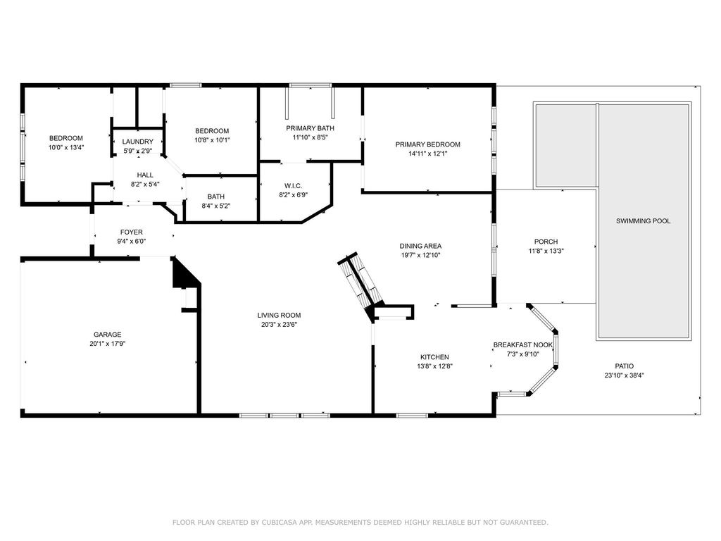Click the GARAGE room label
108,335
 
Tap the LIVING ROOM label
279,315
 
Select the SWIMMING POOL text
644,220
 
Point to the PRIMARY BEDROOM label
427,144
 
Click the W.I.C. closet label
294,186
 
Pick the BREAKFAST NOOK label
523,345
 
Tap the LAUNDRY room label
137,142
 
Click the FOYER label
132,232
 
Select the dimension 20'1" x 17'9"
108,344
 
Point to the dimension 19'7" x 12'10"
420,255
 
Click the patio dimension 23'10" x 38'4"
625,375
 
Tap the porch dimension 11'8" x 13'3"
546,251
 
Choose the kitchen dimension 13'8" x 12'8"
434,366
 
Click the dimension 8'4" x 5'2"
216,206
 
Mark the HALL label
145,175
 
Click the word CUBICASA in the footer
279,522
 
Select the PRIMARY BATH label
311,128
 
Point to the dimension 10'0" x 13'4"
66,148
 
